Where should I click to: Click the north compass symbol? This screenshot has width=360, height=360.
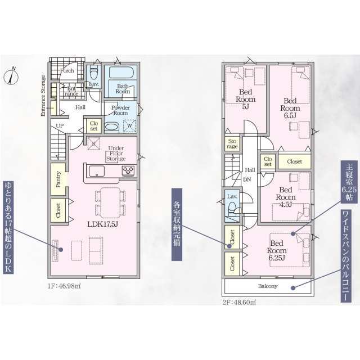pyautogui.click(x=11, y=76)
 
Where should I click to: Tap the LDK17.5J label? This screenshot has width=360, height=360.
pyautogui.click(x=102, y=224)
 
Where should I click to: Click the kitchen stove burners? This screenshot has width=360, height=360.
pyautogui.click(x=128, y=170)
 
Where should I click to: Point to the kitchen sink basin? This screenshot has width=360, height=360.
pyautogui.click(x=97, y=171)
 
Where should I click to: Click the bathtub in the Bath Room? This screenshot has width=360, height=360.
pyautogui.click(x=121, y=72)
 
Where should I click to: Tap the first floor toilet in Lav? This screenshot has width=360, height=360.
pyautogui.click(x=93, y=73)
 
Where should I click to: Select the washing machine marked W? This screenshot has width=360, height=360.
pyautogui.click(x=129, y=126)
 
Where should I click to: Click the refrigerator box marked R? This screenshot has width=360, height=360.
pyautogui.click(x=94, y=144)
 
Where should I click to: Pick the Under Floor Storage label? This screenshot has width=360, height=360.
pyautogui.click(x=116, y=154)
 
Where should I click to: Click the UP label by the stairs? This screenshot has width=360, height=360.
pyautogui.click(x=60, y=126)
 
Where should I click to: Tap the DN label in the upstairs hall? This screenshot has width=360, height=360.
pyautogui.click(x=247, y=180)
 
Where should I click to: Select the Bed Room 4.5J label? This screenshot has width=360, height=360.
pyautogui.click(x=286, y=197)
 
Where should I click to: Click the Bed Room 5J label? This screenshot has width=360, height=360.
pyautogui.click(x=245, y=99)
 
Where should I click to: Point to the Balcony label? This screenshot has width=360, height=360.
pyautogui.click(x=268, y=286)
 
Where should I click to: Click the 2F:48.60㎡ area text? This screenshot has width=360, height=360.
pyautogui.click(x=239, y=302)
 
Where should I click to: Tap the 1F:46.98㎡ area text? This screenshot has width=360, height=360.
pyautogui.click(x=64, y=286)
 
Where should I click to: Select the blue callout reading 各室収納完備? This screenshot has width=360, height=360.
pyautogui.click(x=177, y=224)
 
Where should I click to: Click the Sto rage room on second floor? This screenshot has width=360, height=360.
pyautogui.click(x=232, y=144)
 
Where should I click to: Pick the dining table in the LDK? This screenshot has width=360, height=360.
pyautogui.click(x=110, y=202)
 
